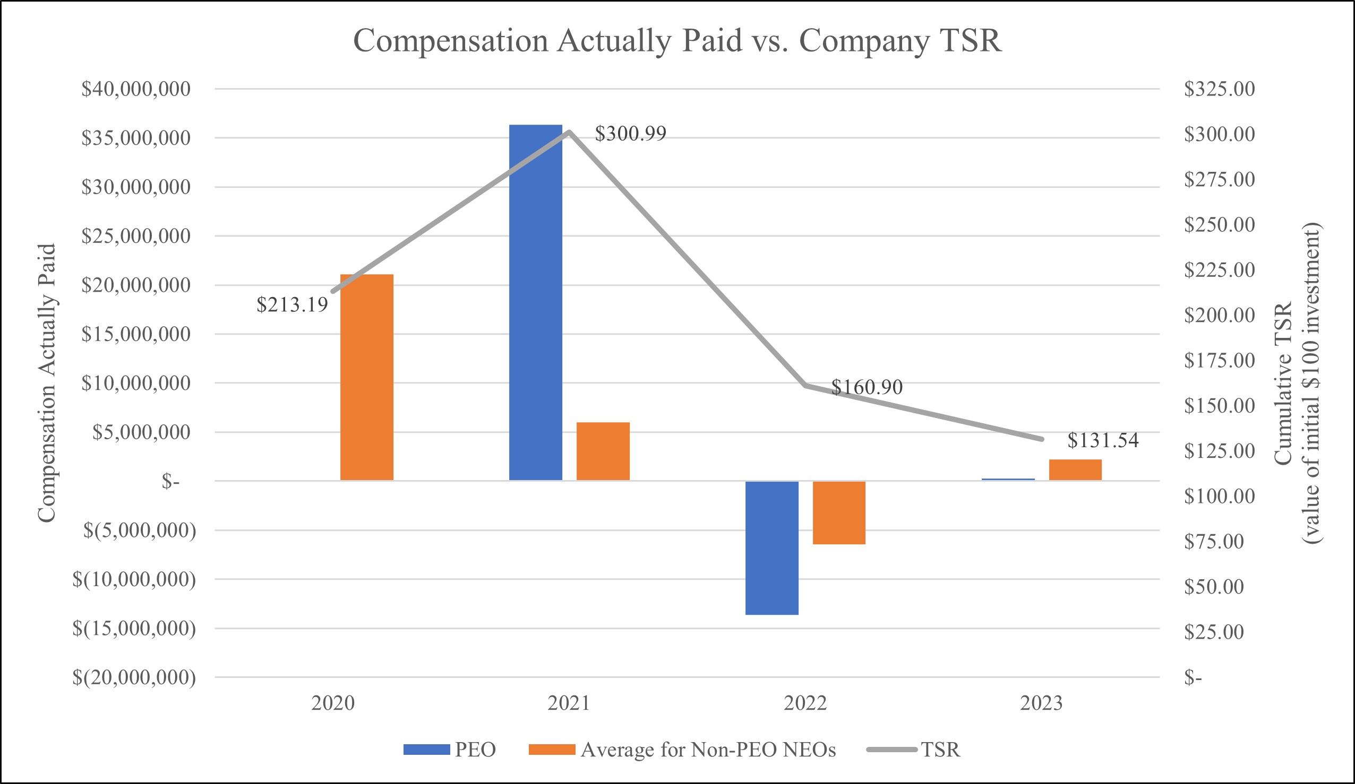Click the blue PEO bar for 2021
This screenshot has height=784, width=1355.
pyautogui.click(x=536, y=302)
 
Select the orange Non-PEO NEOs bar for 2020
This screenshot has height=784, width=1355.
pyautogui.click(x=367, y=377)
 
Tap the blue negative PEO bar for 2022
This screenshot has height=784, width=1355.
pyautogui.click(x=771, y=547)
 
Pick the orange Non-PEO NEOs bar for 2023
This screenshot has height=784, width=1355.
pyautogui.click(x=1075, y=469)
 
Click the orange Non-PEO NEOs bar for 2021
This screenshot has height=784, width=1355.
pyautogui.click(x=603, y=451)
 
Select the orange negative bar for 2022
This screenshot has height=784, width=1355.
pyautogui.click(x=839, y=512)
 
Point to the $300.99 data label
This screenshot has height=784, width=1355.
pyautogui.click(x=630, y=133)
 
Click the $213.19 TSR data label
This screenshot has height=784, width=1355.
pyautogui.click(x=292, y=304)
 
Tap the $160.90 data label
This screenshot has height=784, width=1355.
pyautogui.click(x=867, y=387)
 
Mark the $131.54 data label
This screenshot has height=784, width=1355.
pyautogui.click(x=1103, y=440)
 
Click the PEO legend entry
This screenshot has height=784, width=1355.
pyautogui.click(x=450, y=749)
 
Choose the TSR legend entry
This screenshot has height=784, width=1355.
pyautogui.click(x=913, y=749)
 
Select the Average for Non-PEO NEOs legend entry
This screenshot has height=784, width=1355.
pyautogui.click(x=682, y=749)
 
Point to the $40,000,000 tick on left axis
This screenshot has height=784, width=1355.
pyautogui.click(x=135, y=89)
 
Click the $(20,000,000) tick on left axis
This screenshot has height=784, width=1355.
pyautogui.click(x=134, y=677)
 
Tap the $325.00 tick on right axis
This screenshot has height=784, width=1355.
pyautogui.click(x=1219, y=89)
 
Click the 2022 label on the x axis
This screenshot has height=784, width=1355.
pyautogui.click(x=805, y=703)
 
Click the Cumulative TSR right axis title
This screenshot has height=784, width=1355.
pyautogui.click(x=1298, y=382)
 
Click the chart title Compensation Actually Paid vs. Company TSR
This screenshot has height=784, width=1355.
pyautogui.click(x=677, y=40)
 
